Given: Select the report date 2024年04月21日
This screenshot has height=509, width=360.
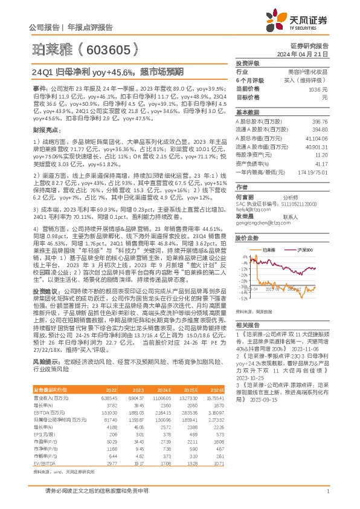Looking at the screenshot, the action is click(x=314, y=53).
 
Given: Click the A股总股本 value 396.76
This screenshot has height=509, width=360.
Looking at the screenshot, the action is click(x=319, y=122).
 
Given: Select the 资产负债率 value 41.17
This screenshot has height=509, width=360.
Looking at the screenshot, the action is click(x=321, y=164).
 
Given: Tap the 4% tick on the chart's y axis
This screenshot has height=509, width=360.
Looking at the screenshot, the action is click(x=242, y=256).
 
